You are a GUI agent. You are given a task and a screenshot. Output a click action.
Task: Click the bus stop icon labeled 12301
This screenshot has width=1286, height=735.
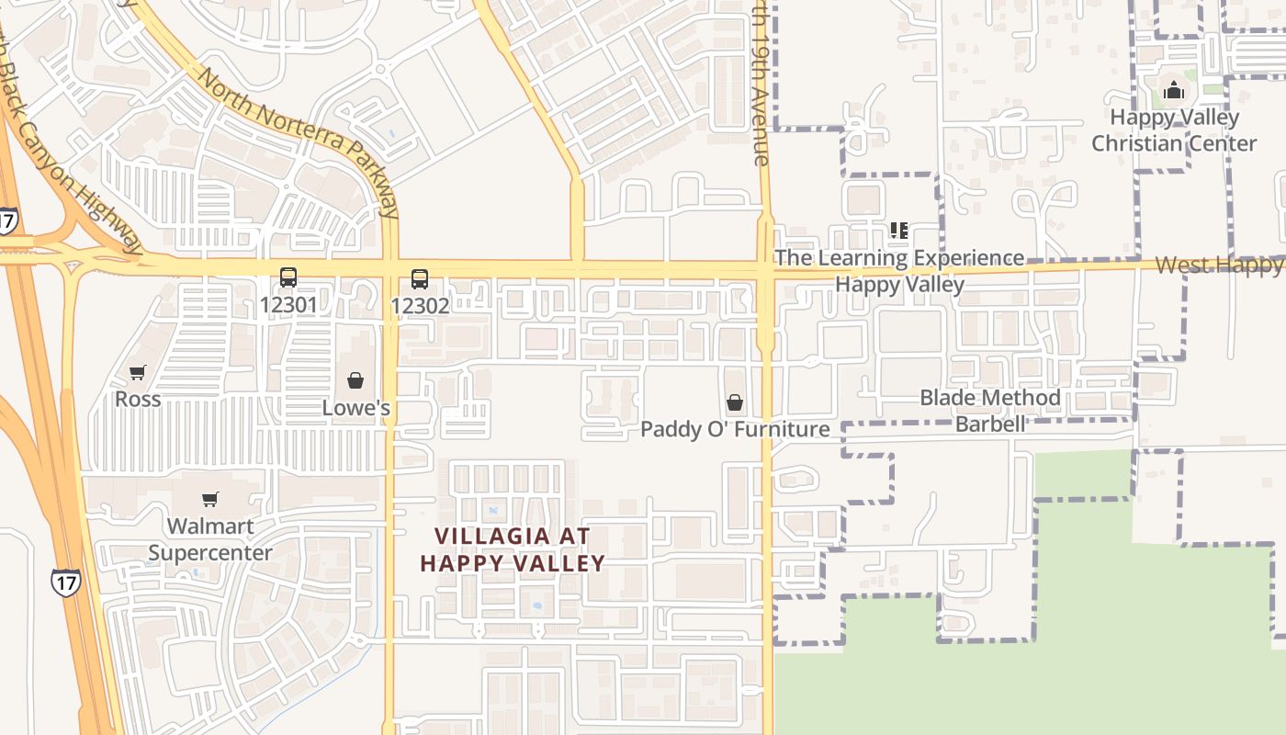tap(288, 277)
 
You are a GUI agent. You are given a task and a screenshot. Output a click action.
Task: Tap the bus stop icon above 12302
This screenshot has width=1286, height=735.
tap(420, 278)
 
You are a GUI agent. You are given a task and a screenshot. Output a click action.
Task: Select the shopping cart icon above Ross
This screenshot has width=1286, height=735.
tap(138, 372)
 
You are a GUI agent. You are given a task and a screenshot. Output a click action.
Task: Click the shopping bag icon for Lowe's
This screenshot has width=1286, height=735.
tap(355, 380)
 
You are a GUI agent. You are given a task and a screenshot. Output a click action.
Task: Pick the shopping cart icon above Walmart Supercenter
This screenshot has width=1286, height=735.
tap(210, 499)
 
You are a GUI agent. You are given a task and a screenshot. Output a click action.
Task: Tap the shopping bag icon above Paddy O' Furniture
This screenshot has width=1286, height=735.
tap(735, 402)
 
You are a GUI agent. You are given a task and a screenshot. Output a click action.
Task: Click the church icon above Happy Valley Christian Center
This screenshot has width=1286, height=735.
tap(1173, 90)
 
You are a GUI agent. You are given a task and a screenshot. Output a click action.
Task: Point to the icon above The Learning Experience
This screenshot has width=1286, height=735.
tap(898, 230)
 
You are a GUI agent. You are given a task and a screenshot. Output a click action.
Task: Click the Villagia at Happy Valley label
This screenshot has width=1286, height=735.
tap(513, 549)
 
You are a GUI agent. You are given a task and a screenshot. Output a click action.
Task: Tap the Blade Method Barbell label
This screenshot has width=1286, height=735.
tap(990, 411)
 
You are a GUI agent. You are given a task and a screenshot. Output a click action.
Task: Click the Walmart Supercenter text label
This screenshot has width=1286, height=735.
tap(210, 539)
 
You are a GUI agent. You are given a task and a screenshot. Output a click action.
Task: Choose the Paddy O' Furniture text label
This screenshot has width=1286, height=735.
tap(735, 429)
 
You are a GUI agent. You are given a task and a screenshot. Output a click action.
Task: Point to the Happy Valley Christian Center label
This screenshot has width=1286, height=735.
tap(1174, 130)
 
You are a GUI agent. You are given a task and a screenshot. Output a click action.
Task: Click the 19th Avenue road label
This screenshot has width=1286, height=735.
tap(759, 83)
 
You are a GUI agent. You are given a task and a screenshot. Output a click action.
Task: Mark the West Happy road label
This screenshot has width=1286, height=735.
tap(1218, 265)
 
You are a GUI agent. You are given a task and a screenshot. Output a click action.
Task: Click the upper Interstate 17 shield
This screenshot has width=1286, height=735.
tap(7, 220)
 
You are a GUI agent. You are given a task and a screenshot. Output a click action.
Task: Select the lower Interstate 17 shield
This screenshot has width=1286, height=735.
tap(66, 582)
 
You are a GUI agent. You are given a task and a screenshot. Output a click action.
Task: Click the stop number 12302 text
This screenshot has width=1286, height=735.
tap(420, 305)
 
